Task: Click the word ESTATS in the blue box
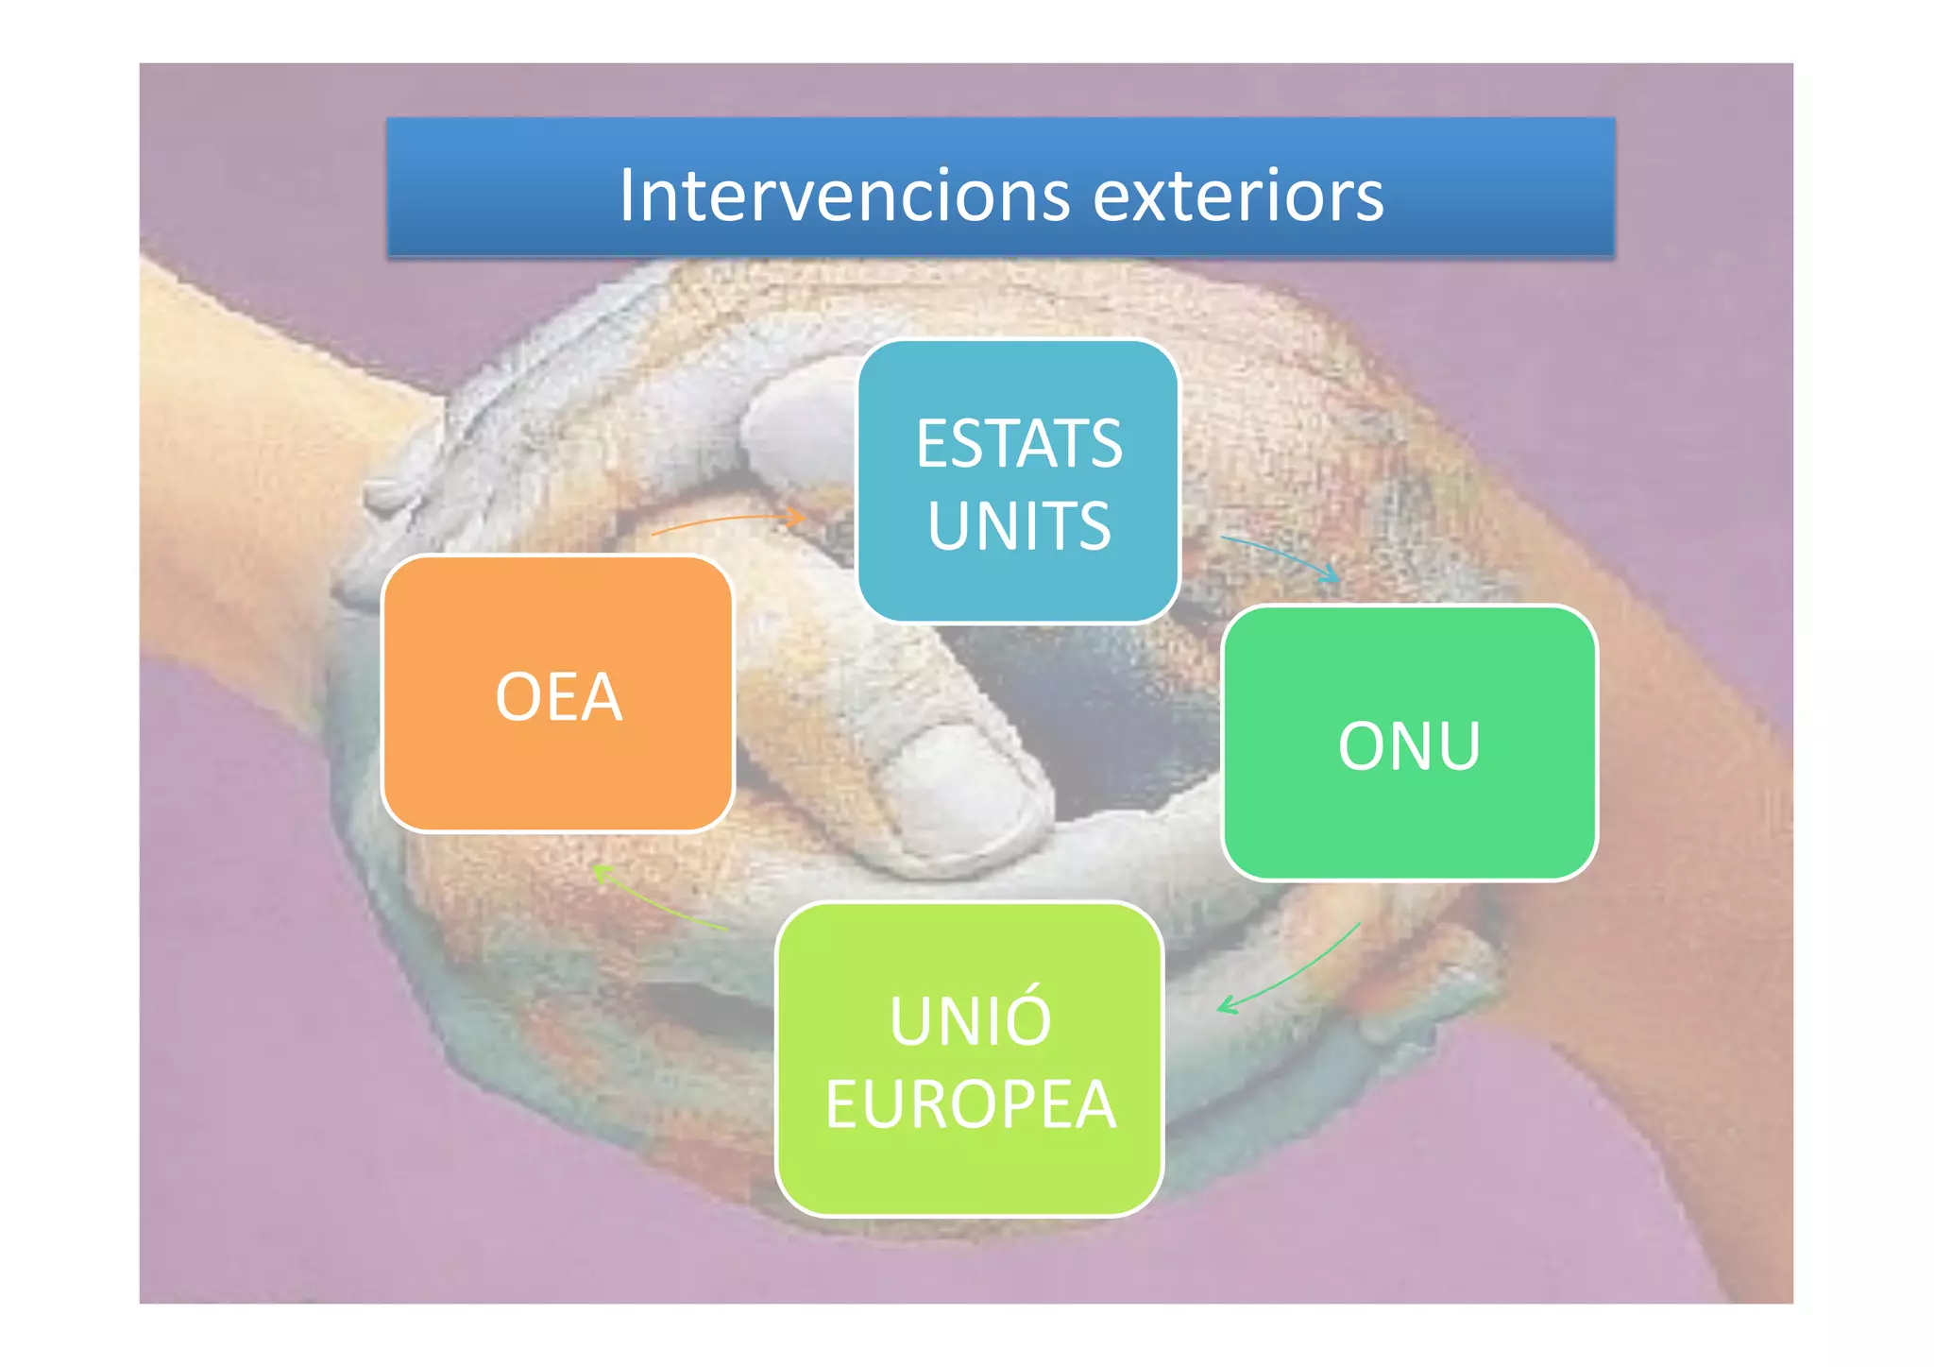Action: [1019, 443]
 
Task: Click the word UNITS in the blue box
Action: [1019, 525]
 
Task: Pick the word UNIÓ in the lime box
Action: [970, 1020]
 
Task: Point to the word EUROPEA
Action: [970, 1103]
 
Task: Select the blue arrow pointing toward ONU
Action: [1280, 555]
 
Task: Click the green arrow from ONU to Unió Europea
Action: [1294, 973]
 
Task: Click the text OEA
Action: [558, 697]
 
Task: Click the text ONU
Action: [1409, 746]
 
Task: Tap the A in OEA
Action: [600, 697]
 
